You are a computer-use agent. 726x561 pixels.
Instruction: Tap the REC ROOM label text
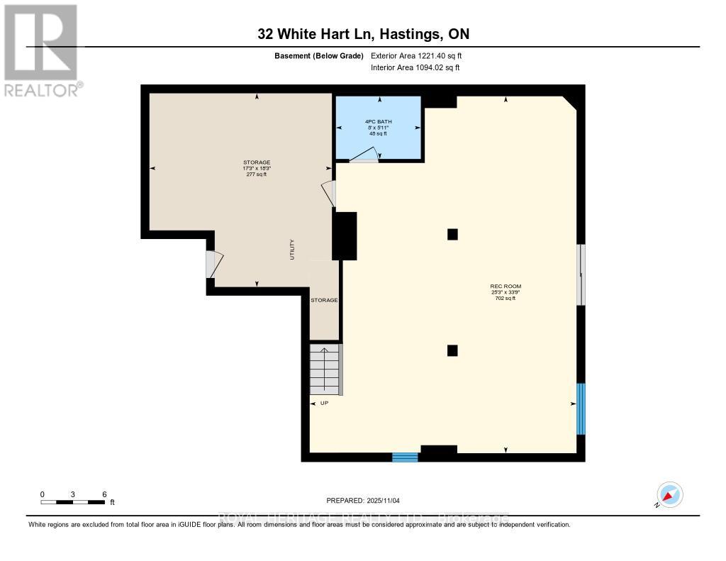click(x=506, y=287)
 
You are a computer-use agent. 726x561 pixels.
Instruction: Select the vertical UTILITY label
click(x=292, y=250)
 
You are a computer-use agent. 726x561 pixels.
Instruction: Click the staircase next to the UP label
click(x=325, y=369)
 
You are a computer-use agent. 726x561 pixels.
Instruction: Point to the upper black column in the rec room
click(x=452, y=234)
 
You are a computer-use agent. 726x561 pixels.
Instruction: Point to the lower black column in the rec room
click(x=452, y=350)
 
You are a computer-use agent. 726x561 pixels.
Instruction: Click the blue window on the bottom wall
click(x=405, y=457)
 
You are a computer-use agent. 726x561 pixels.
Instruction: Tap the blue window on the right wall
click(x=581, y=409)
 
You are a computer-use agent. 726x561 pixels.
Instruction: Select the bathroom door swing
click(x=364, y=155)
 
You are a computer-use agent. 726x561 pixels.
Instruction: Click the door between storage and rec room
click(x=329, y=194)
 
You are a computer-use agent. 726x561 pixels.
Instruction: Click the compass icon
click(x=669, y=494)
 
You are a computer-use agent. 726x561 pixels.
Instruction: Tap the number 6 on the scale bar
click(x=104, y=494)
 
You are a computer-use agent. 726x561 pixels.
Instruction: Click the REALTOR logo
click(x=42, y=50)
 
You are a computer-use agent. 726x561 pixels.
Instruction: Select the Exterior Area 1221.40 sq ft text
click(x=416, y=55)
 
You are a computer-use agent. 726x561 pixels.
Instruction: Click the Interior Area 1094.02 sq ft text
click(x=415, y=67)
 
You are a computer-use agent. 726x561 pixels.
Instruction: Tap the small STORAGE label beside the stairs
click(x=324, y=300)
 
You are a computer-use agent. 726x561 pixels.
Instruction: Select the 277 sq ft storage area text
click(x=257, y=174)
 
